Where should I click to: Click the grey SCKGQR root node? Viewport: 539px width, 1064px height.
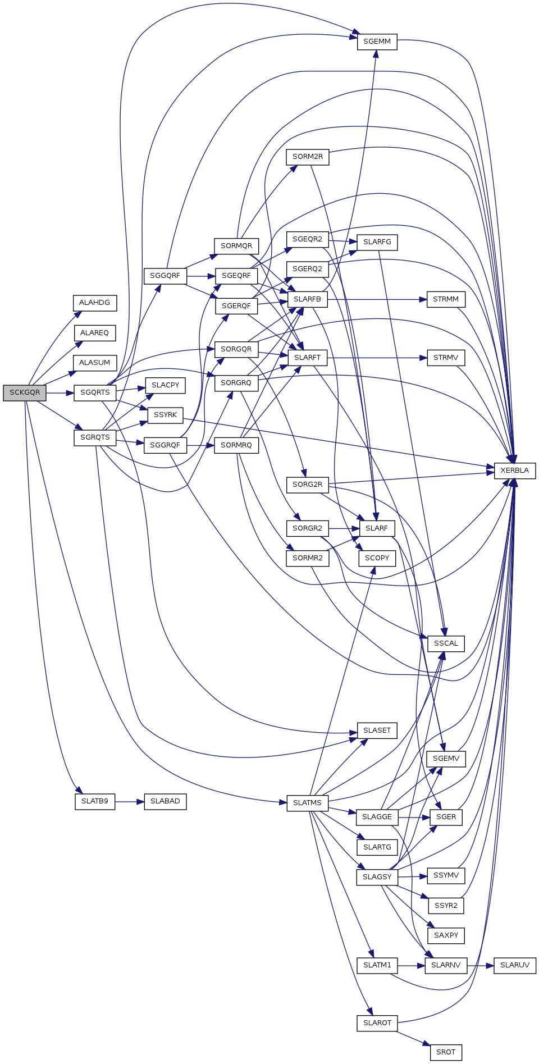pos(25,392)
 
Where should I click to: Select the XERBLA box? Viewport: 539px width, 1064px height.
pos(515,471)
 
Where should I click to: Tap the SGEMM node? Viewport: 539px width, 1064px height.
pos(377,42)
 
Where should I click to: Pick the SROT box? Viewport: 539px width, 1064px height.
pos(446,1052)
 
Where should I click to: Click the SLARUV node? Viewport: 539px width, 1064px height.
pos(515,965)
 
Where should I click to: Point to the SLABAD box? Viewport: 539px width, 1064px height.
pos(165,801)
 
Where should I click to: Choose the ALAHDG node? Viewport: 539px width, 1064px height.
pos(95,303)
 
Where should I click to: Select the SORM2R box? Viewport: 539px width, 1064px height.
pos(308,157)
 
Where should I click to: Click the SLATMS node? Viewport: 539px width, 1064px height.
pos(308,803)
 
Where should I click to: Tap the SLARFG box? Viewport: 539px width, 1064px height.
pos(377,242)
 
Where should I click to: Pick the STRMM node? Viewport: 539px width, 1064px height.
pos(446,299)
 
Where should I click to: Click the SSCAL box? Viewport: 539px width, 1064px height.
pos(446,643)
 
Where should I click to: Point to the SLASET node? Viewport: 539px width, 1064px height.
pos(377,730)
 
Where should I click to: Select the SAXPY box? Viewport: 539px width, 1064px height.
pos(446,935)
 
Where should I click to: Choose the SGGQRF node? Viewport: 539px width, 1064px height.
pos(165,276)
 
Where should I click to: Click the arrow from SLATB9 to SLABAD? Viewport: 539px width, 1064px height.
pos(130,802)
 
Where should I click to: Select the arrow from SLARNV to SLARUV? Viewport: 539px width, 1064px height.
pos(480,966)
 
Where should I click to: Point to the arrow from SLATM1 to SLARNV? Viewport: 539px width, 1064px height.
pos(412,966)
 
